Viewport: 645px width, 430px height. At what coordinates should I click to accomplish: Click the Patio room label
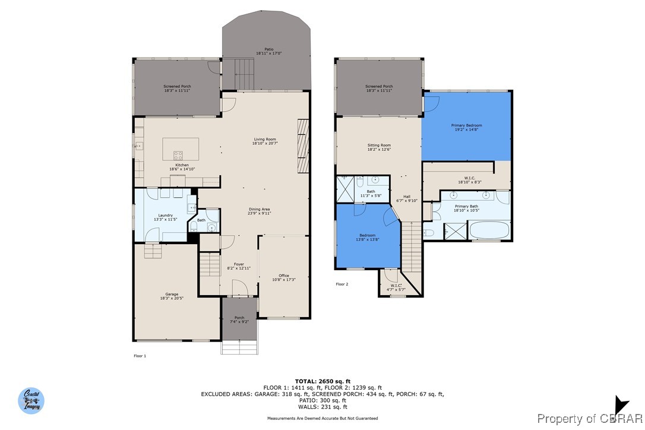(x=268, y=51)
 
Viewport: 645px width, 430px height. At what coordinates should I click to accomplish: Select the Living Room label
(x=265, y=141)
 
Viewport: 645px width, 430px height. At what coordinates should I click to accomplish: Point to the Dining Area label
(x=259, y=211)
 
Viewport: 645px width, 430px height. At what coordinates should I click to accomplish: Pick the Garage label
(x=172, y=296)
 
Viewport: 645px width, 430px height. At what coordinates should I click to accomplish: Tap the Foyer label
(x=239, y=266)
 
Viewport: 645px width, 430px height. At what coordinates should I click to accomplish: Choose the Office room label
(x=284, y=277)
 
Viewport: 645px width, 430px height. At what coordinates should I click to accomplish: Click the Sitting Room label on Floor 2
(x=379, y=147)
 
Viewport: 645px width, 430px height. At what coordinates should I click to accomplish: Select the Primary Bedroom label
(x=466, y=127)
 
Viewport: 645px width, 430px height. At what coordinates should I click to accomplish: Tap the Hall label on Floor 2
(x=407, y=198)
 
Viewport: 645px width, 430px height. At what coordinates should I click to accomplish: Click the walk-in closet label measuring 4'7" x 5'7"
(x=394, y=287)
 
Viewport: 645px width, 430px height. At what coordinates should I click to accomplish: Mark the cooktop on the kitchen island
(x=178, y=154)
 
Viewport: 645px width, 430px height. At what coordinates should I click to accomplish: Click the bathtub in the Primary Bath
(x=489, y=230)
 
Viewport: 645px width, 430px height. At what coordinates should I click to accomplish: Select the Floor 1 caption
(x=139, y=356)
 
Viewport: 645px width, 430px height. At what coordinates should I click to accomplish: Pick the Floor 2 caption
(x=342, y=284)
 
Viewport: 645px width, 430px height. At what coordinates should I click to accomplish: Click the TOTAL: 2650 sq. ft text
(x=322, y=381)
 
